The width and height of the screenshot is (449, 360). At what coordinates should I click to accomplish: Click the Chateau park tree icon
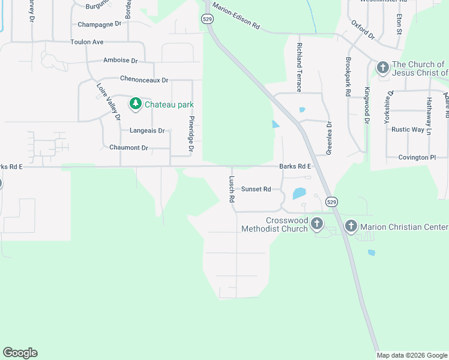[x=136, y=104]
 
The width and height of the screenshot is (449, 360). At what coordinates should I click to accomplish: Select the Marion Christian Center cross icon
[x=351, y=226]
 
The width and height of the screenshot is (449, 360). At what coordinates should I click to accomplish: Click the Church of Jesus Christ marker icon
[x=383, y=68]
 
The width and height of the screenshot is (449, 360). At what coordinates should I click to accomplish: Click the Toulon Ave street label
[x=87, y=42]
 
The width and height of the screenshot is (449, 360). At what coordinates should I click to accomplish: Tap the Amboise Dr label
[x=121, y=61]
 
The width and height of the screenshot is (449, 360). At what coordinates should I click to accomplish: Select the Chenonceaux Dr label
[x=144, y=79]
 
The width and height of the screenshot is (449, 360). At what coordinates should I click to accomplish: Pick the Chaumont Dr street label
[x=128, y=148]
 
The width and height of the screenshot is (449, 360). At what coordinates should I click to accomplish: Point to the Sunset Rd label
[x=256, y=189]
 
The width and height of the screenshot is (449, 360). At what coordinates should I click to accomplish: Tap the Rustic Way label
[x=408, y=130]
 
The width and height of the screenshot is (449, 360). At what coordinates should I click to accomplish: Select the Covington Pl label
[x=417, y=157]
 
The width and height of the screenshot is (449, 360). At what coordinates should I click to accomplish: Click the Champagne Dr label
[x=100, y=25]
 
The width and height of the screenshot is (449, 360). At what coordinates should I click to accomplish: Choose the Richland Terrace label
[x=298, y=63]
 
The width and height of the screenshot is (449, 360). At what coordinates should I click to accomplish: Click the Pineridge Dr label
[x=191, y=137]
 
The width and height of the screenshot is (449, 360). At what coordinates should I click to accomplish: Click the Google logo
[x=20, y=353]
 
